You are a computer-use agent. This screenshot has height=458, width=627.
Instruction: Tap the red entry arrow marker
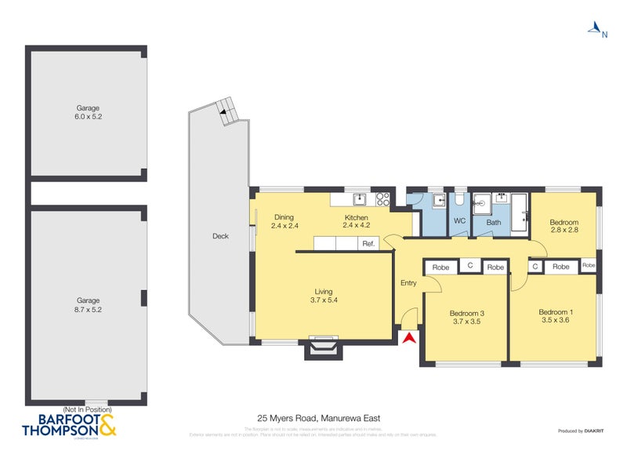click(x=408, y=337)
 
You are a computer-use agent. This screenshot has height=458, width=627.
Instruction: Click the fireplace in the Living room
click(x=323, y=346)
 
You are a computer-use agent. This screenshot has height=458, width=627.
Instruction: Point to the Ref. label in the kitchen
click(x=368, y=244)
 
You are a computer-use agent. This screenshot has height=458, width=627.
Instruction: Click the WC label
click(x=460, y=221)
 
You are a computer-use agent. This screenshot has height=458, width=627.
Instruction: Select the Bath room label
click(x=493, y=222)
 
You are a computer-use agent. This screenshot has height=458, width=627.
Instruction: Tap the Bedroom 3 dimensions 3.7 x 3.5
click(x=468, y=322)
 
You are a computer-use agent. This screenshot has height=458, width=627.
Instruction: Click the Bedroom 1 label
click(x=555, y=313)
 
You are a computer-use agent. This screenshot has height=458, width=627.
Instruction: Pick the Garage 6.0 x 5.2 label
click(x=88, y=112)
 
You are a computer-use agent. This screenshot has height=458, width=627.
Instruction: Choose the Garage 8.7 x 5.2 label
click(x=88, y=304)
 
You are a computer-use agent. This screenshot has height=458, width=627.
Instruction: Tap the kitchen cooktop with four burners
click(x=383, y=199)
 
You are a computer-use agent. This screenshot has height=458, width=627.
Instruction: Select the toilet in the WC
click(x=459, y=201)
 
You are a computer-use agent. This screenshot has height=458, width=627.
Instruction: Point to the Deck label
click(x=220, y=236)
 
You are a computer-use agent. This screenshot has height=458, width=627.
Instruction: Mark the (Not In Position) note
click(x=88, y=409)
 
